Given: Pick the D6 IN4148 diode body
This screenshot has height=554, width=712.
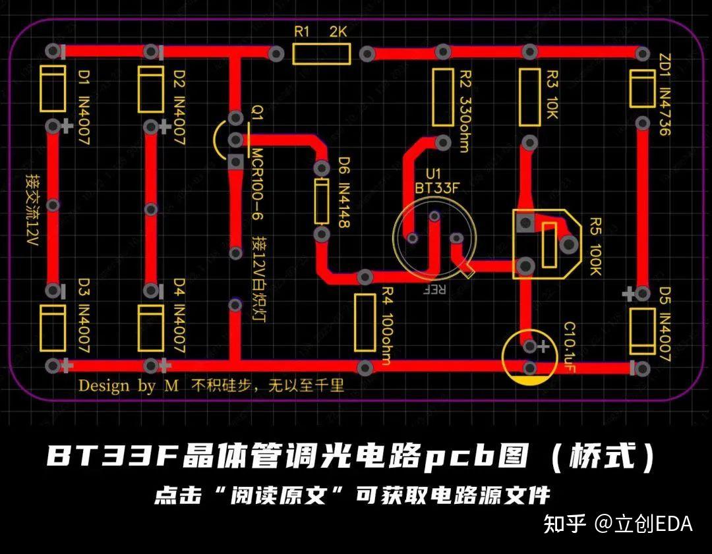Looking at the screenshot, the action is pos(322,201).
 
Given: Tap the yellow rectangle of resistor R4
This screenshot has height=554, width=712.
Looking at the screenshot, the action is pos(365,323).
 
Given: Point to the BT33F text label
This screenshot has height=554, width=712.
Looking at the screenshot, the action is pos(436,188).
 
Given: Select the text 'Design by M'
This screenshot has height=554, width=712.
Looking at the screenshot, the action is pos(129,385).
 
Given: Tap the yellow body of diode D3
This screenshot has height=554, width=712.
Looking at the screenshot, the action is pos(53,328).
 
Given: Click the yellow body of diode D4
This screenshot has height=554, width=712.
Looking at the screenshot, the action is pos(152,328).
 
